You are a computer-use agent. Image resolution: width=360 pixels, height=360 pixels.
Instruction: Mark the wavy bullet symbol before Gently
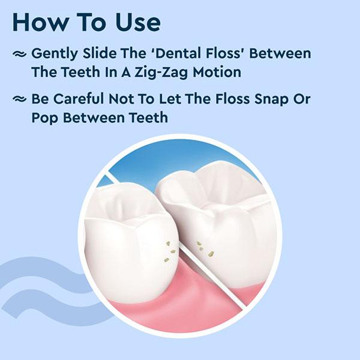click(x=20, y=54)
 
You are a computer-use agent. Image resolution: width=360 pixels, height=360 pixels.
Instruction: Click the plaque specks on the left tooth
click(x=167, y=251)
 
